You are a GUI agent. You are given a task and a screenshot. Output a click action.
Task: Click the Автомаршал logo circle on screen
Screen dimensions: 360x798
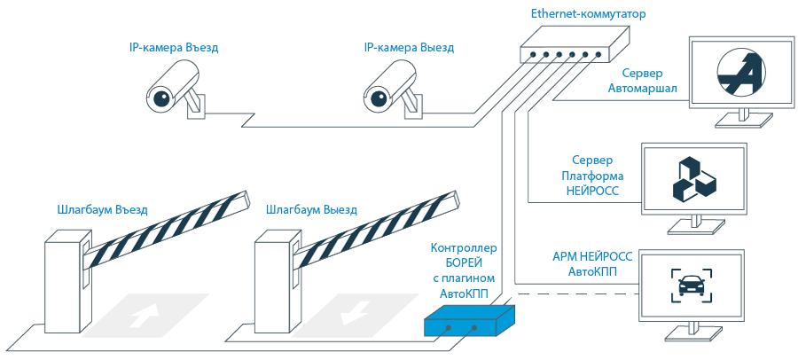(740, 73)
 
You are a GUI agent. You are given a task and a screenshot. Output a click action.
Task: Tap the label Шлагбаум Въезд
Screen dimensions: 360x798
(102, 211)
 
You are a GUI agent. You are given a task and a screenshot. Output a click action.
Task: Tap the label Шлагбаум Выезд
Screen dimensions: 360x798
(311, 211)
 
